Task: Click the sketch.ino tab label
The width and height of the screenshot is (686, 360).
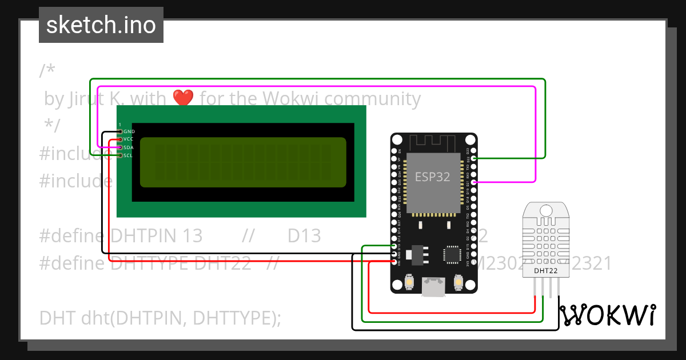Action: [101, 25]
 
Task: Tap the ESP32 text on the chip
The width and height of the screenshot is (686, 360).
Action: [432, 177]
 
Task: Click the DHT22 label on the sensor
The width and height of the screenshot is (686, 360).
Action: [545, 270]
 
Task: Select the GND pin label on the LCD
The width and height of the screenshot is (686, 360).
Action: [129, 131]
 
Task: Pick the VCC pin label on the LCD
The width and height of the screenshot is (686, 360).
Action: [129, 139]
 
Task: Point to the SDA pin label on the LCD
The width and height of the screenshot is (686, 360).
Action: [129, 147]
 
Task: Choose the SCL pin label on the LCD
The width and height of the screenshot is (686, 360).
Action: [129, 155]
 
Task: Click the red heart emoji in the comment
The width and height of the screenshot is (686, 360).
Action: [183, 98]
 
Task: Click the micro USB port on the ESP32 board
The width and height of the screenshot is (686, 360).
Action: [433, 286]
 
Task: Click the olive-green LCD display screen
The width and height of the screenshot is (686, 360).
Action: [243, 162]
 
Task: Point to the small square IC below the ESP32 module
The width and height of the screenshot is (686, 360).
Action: [452, 254]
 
